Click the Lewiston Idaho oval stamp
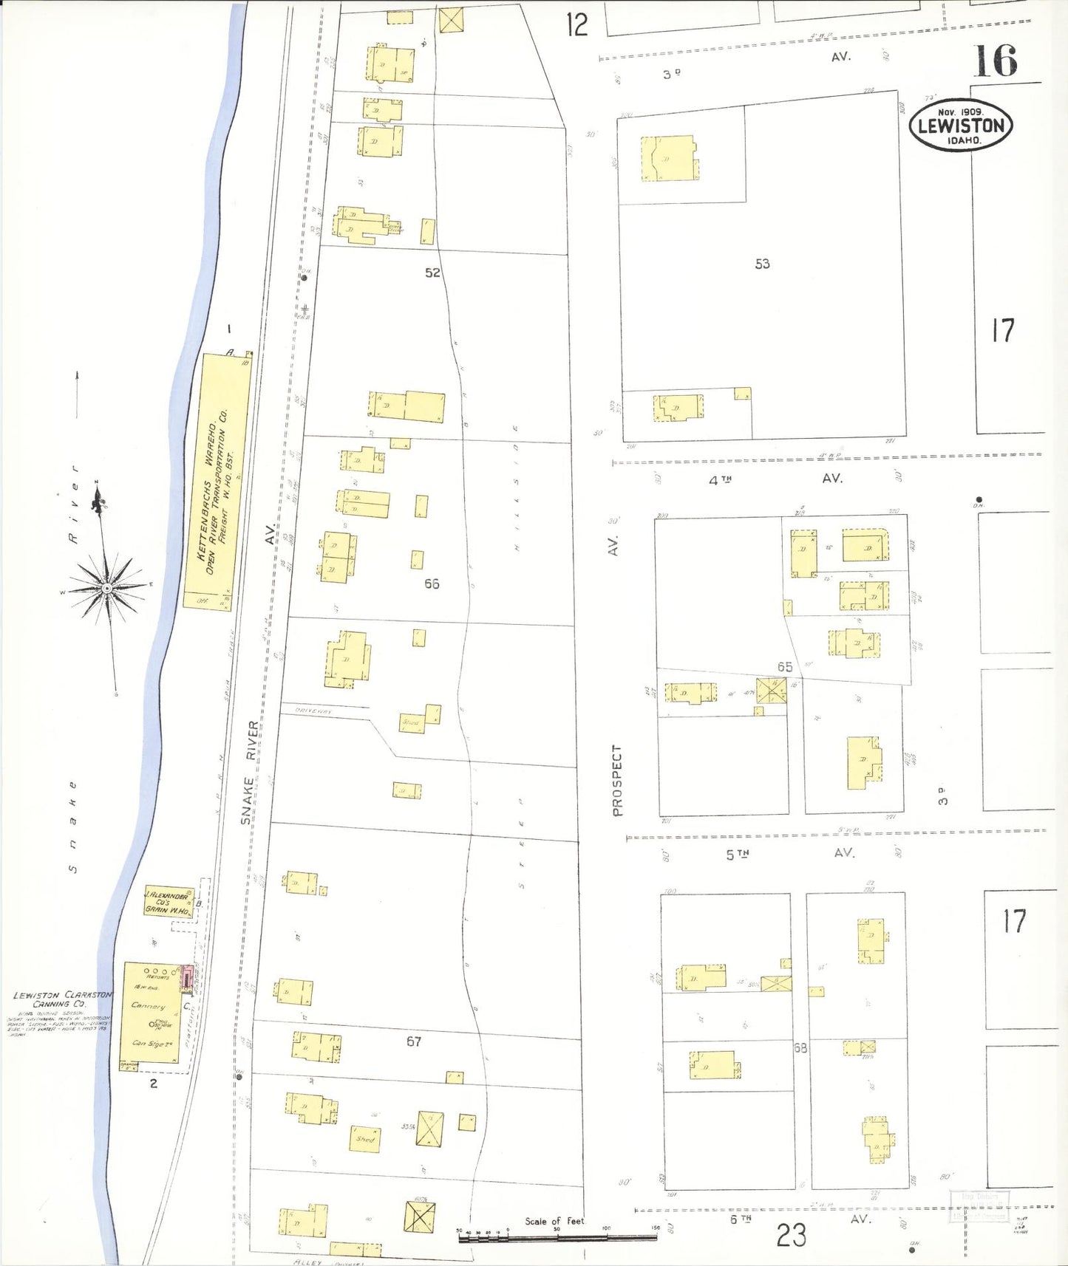(x=960, y=126)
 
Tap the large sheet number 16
(x=995, y=61)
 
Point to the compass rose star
(x=108, y=587)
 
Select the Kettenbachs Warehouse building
(x=216, y=481)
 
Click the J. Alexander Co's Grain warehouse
(x=169, y=902)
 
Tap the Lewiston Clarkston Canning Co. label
(x=62, y=999)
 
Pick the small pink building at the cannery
(x=187, y=979)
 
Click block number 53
(x=762, y=264)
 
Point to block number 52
(x=432, y=273)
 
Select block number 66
(x=432, y=584)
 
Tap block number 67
(x=414, y=1041)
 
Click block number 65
(x=784, y=667)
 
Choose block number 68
(x=800, y=1047)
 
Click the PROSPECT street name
(x=617, y=780)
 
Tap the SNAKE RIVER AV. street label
(x=251, y=772)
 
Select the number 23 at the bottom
(x=791, y=1235)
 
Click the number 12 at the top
(x=576, y=25)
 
